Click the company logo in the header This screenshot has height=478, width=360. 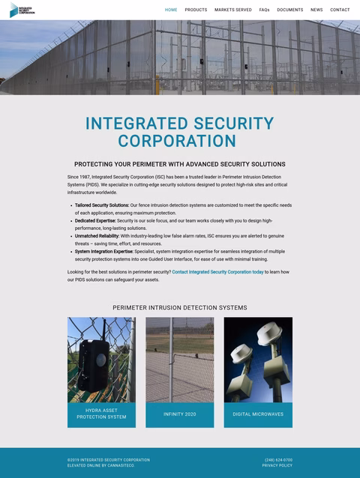pos(22,10)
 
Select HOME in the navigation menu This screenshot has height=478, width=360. pos(171,10)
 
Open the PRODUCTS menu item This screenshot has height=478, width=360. pos(196,10)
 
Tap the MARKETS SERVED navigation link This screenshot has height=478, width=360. pos(233,10)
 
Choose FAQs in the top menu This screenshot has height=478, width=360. pos(264,10)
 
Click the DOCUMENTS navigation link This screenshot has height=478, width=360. pos(290,10)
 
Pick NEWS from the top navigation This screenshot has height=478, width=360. pos(316,10)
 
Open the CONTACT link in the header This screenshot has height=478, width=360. pos(340,10)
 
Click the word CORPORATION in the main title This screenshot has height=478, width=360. pos(177,141)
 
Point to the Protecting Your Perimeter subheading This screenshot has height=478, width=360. pos(179,164)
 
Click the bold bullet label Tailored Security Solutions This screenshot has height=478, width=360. pos(102,205)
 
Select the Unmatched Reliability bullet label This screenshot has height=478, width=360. pos(97,236)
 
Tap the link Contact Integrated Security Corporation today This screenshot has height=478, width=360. pos(217,272)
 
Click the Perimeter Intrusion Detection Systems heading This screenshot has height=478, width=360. pos(179,308)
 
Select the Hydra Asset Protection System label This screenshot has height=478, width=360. pos(101,414)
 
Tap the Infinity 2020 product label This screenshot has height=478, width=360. pos(179,414)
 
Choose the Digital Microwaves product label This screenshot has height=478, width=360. pos(258,414)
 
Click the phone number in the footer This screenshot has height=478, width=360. pos(278,460)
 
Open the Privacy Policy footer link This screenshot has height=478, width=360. pos(277,466)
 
